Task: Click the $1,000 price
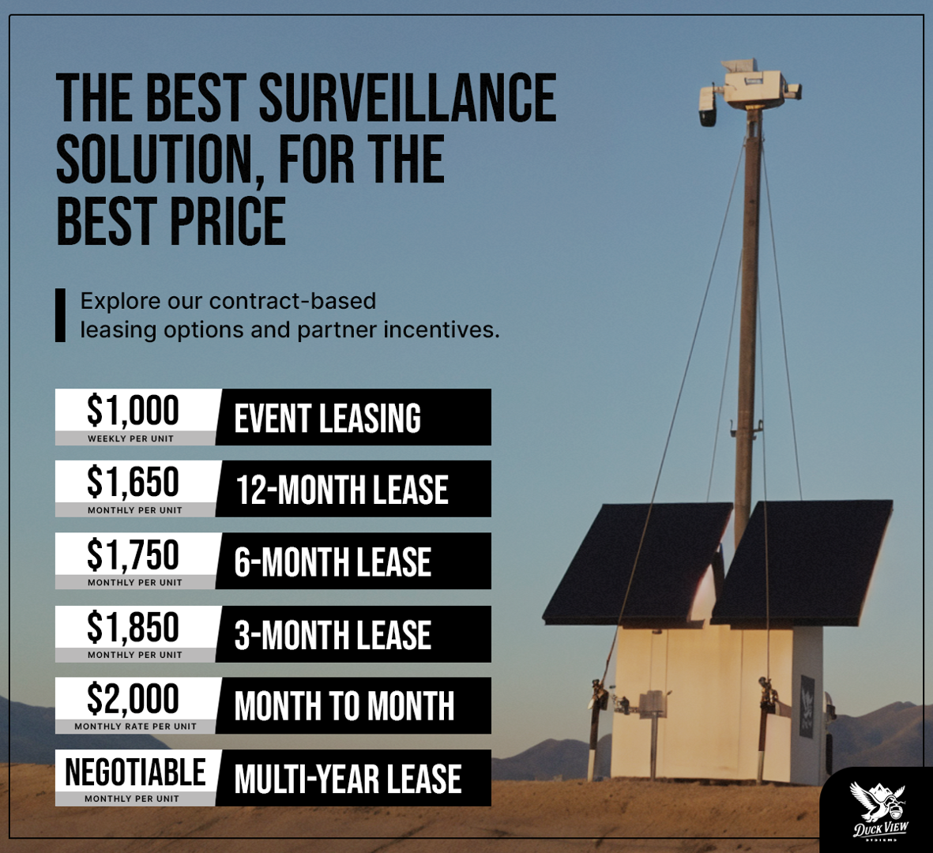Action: click(133, 411)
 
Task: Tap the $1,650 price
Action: click(133, 483)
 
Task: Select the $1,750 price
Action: click(133, 554)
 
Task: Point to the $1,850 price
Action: click(133, 627)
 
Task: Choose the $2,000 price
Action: click(133, 699)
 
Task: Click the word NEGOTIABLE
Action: click(135, 772)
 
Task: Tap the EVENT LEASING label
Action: click(328, 419)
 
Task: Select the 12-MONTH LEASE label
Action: click(342, 490)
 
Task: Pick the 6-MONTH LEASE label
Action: click(333, 562)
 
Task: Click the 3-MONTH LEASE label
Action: click(333, 635)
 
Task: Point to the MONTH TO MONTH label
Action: click(344, 706)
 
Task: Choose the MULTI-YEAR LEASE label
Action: click(348, 779)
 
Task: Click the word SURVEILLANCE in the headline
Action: click(408, 98)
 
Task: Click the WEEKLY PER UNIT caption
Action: click(130, 438)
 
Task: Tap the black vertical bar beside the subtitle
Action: click(60, 315)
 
